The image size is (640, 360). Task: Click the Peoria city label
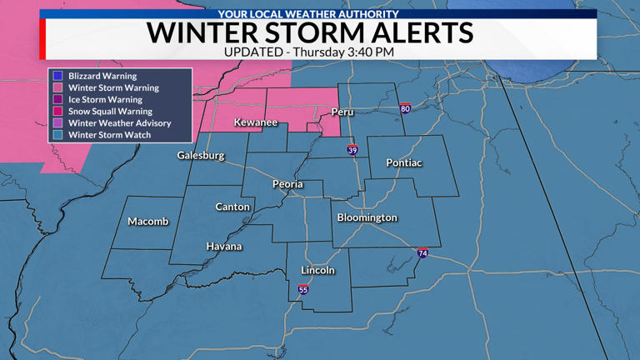click(287, 184)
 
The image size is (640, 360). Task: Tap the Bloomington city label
click(367, 217)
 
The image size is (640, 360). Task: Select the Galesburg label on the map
click(201, 156)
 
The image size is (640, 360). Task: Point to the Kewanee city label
click(255, 122)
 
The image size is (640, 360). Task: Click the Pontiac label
click(403, 162)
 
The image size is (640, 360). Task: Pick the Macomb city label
click(147, 222)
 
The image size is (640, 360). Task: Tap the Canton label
click(232, 207)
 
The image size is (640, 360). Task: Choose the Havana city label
click(224, 247)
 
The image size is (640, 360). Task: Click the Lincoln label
click(317, 270)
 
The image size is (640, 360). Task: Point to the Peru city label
click(342, 112)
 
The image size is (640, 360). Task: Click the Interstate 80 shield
click(405, 109)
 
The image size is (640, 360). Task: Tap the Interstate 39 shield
click(352, 150)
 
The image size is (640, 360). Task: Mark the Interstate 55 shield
click(303, 290)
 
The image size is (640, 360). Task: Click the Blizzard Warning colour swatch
click(57, 76)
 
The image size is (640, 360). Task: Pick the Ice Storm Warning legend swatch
click(57, 99)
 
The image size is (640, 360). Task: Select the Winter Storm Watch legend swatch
click(57, 134)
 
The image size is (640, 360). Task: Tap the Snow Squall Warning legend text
click(110, 111)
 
